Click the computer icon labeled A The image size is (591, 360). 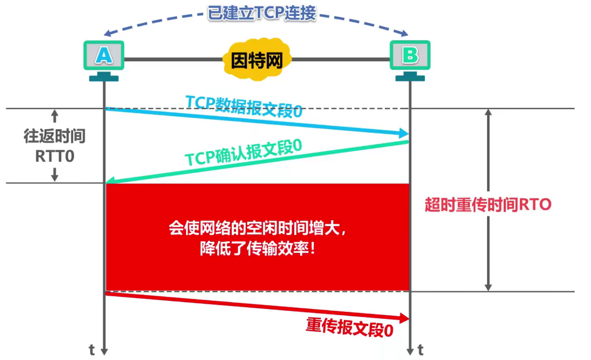pos(104,56)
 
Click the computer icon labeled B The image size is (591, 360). pos(410,56)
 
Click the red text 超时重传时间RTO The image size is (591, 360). pos(488,205)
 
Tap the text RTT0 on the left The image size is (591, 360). pos(54,156)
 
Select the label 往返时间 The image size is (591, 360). pos(54,137)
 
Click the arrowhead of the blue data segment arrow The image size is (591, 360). pos(404,134)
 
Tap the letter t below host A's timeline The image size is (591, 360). pos(92,350)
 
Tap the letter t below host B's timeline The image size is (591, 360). pos(420,350)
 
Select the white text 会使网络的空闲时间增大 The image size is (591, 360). pos(257,229)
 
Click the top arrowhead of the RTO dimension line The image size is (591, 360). pos(488,112)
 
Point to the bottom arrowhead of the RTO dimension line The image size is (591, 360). pos(488,287)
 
